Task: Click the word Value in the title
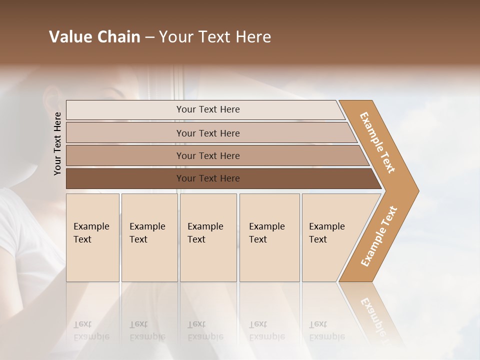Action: [69, 37]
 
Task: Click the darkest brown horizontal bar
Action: [125, 178]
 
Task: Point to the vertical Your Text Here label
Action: [57, 143]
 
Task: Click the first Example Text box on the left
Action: [92, 237]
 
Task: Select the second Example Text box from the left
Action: [149, 237]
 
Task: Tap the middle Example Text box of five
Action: [208, 237]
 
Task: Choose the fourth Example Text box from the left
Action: [269, 237]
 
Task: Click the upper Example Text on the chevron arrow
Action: [377, 142]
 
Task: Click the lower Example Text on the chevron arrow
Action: [379, 236]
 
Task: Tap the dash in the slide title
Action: [149, 37]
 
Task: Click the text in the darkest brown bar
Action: [208, 178]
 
